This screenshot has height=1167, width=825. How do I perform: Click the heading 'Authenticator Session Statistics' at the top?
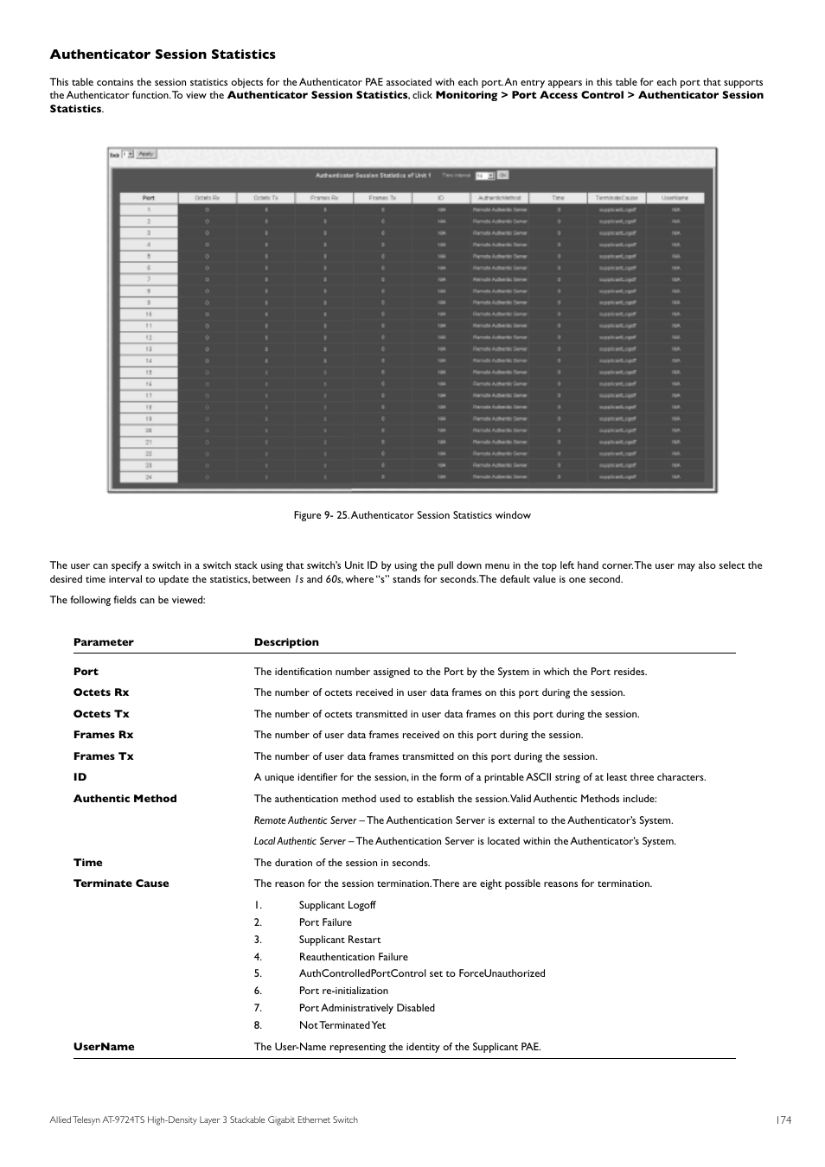click(163, 54)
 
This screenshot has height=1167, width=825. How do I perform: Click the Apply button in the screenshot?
click(147, 155)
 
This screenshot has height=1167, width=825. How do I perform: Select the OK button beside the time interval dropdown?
click(502, 175)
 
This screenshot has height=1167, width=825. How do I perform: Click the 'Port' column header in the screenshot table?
click(148, 198)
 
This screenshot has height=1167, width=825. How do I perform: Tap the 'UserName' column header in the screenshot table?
click(675, 198)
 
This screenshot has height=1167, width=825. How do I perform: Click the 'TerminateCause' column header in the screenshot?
click(617, 198)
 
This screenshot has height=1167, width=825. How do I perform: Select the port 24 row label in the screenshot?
click(148, 476)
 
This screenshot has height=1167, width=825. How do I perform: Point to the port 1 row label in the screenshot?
click(148, 210)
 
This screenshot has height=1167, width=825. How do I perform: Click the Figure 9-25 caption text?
click(412, 515)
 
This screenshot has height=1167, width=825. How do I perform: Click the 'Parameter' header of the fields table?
click(104, 642)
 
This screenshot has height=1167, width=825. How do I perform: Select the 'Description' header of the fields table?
click(286, 642)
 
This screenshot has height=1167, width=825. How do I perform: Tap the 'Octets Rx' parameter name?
click(101, 692)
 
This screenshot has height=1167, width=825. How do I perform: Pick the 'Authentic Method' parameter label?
click(125, 799)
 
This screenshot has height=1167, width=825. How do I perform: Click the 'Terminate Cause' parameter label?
click(121, 883)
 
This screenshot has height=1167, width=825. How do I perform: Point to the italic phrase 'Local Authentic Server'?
click(299, 841)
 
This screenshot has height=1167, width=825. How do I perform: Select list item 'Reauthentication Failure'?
click(353, 957)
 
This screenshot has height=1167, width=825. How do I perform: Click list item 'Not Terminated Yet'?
click(342, 1025)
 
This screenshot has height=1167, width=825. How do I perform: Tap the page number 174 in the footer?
click(783, 1120)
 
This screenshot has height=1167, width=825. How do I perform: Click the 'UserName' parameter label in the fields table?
click(104, 1047)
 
